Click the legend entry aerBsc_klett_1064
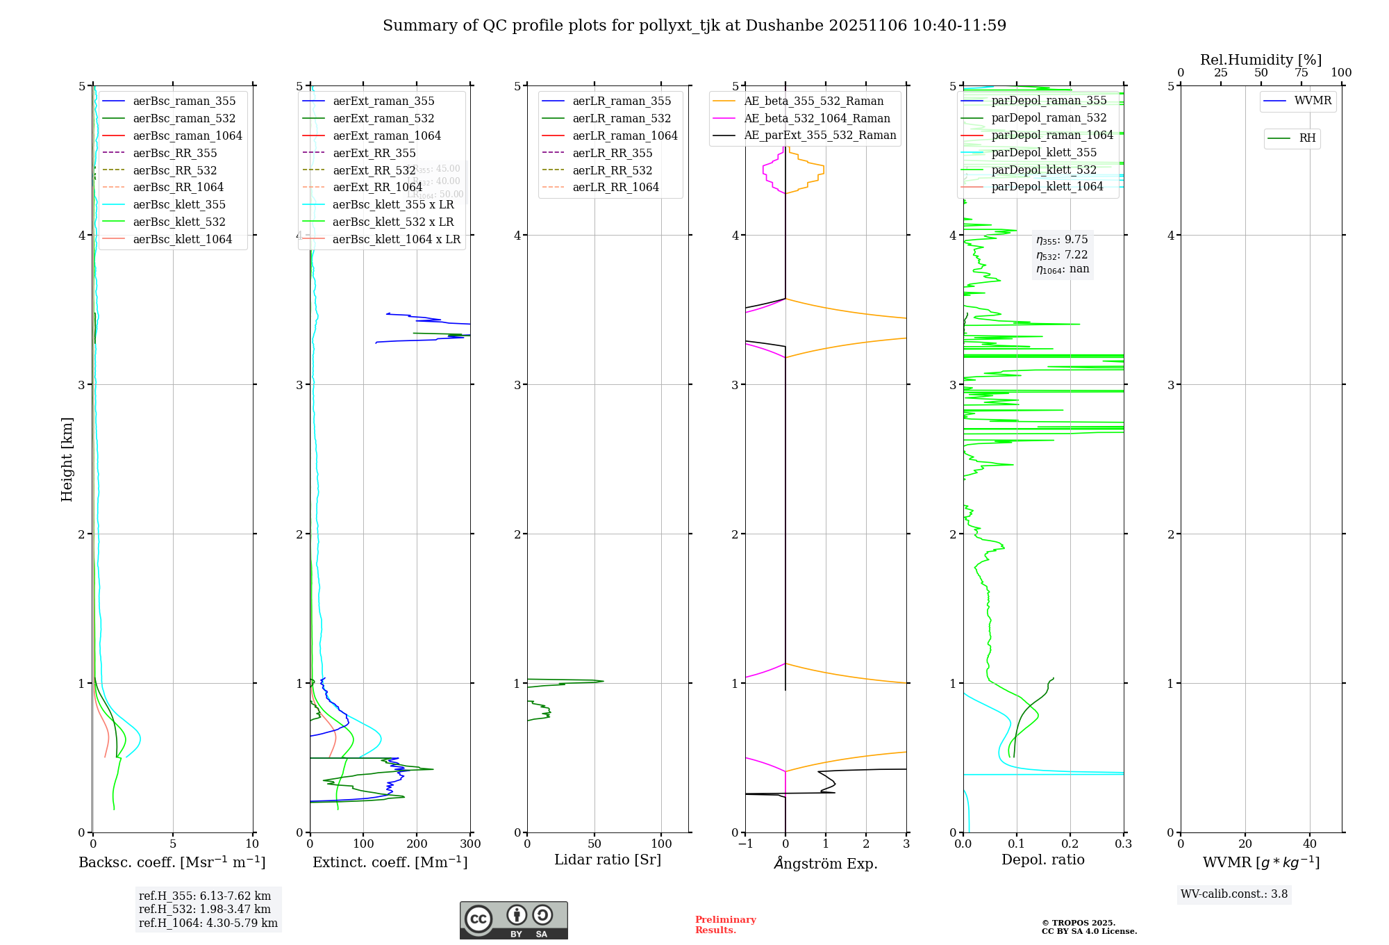[182, 239]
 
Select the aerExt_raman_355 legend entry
[383, 101]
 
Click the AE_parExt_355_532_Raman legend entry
[820, 135]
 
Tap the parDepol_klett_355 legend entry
[1044, 152]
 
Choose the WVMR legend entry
[1313, 101]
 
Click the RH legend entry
[1307, 138]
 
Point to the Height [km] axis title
[67, 459]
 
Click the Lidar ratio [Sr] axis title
[608, 860]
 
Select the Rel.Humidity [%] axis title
[1261, 60]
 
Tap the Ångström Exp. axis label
[826, 863]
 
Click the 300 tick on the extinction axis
[471, 844]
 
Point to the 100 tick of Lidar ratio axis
[661, 844]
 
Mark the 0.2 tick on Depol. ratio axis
[1070, 844]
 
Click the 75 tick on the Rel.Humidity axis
[1301, 72]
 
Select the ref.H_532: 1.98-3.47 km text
[205, 909]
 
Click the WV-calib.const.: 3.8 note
[1234, 894]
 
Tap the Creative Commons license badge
[513, 921]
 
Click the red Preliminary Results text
[725, 925]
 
